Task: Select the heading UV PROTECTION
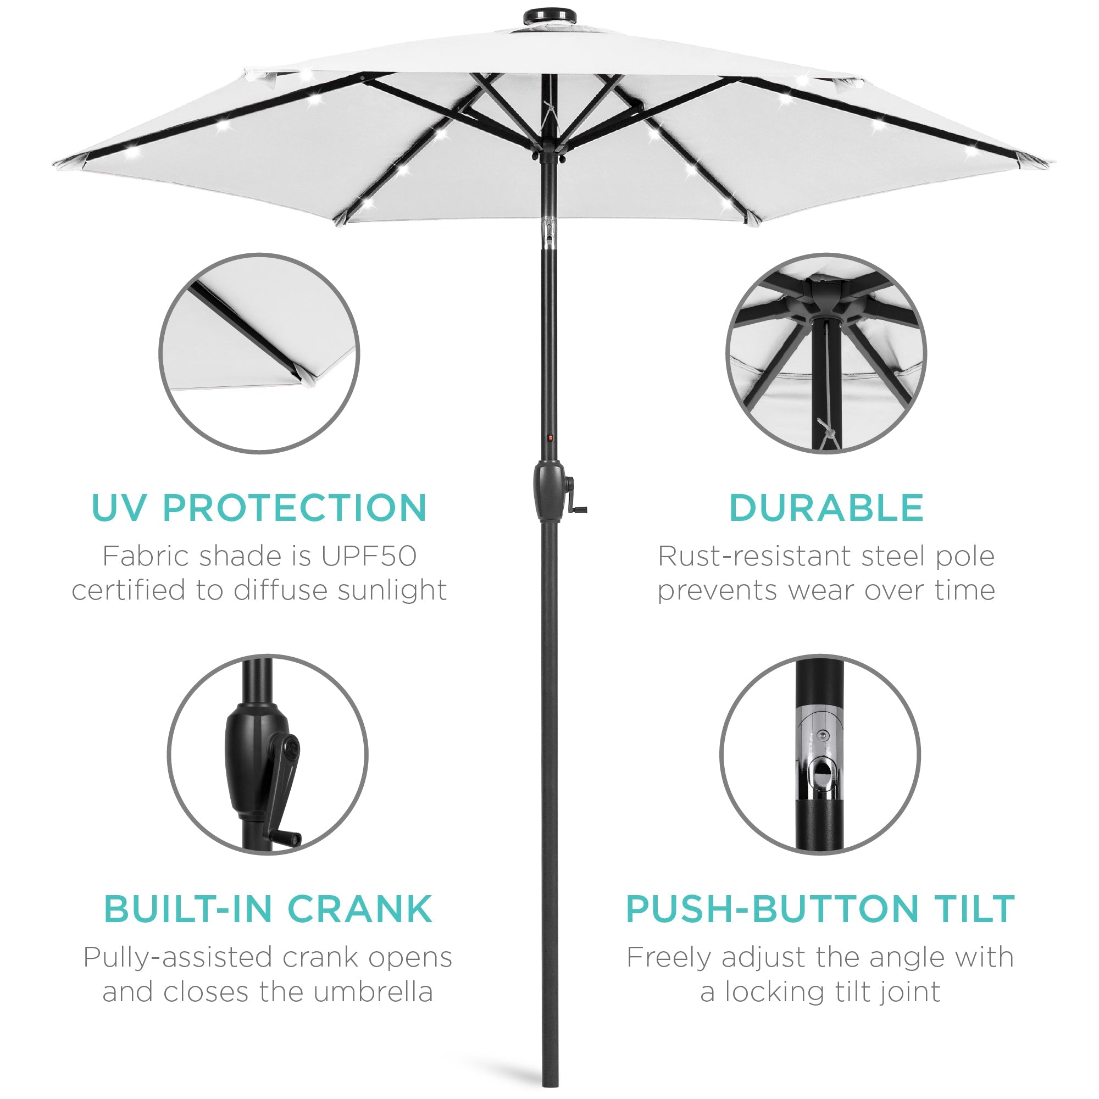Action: coord(259,507)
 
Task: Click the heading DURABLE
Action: coord(825,507)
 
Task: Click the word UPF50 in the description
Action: coord(369,556)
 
